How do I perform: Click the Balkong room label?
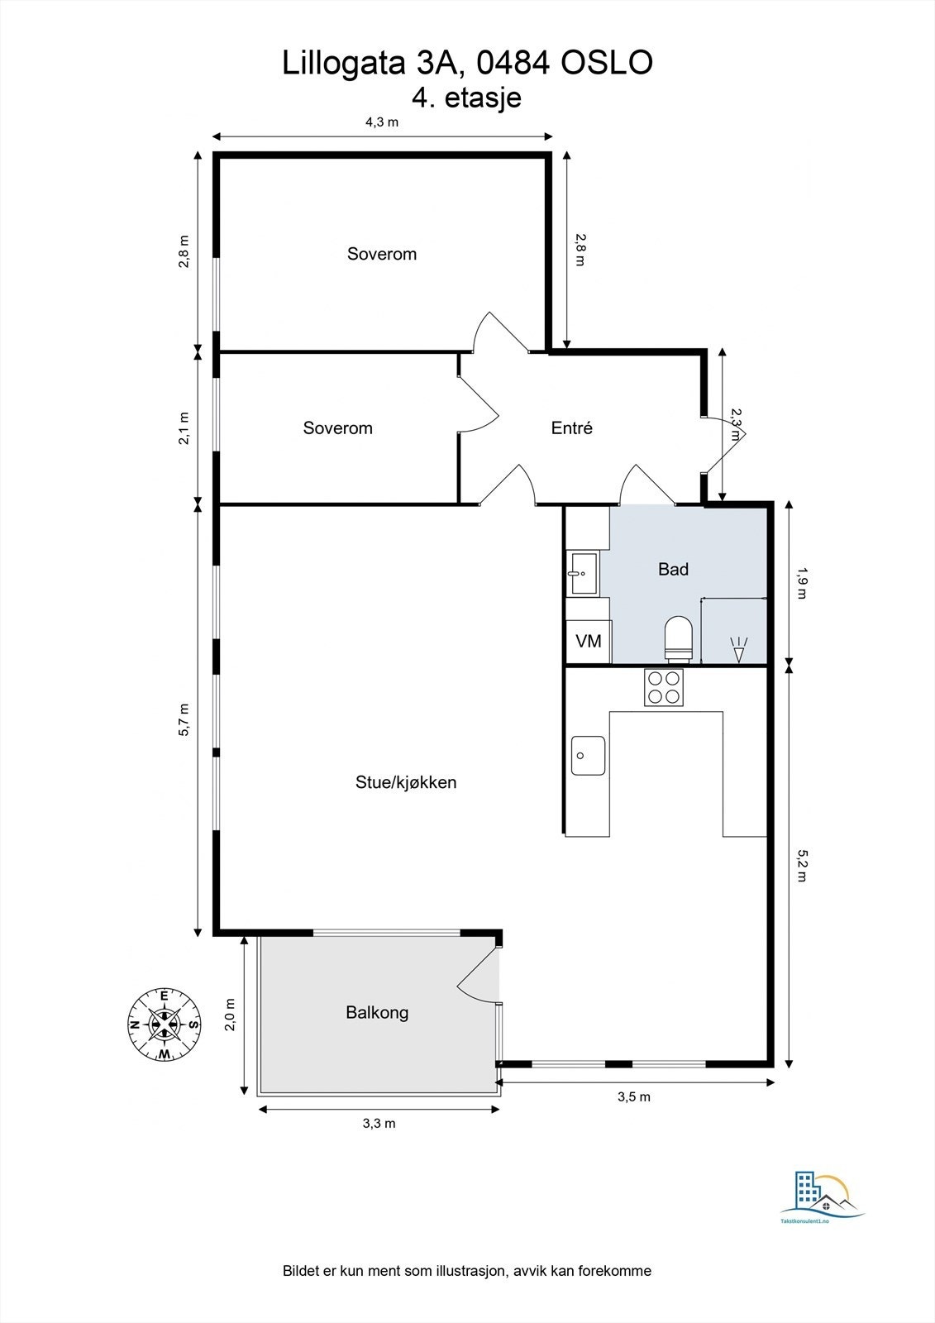click(x=377, y=1013)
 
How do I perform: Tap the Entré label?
click(x=572, y=427)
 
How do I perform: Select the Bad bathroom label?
click(x=673, y=570)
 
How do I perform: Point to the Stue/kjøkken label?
click(x=406, y=782)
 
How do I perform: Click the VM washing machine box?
click(x=589, y=641)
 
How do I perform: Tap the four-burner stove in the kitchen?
click(x=663, y=687)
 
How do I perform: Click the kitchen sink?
click(x=588, y=756)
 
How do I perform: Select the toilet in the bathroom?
click(x=678, y=638)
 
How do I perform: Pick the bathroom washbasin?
click(x=583, y=573)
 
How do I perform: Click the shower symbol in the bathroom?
click(x=739, y=649)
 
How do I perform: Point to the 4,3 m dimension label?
click(x=382, y=122)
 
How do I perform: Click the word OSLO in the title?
click(x=607, y=63)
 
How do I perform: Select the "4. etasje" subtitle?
click(x=466, y=98)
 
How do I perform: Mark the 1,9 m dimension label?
click(x=802, y=583)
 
